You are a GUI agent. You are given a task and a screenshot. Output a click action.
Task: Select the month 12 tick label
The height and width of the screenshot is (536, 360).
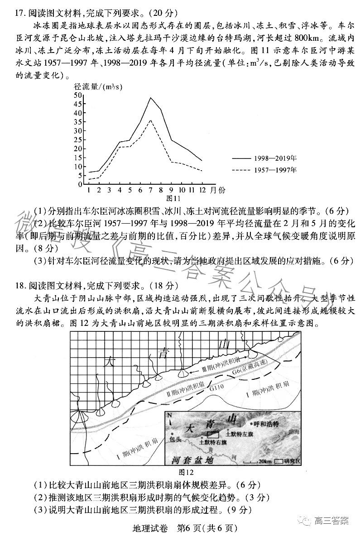point(201,190)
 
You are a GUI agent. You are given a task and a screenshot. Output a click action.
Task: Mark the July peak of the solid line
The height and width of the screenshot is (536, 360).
point(150,98)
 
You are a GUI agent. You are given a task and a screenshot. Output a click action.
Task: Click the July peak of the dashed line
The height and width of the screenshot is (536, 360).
point(150,120)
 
